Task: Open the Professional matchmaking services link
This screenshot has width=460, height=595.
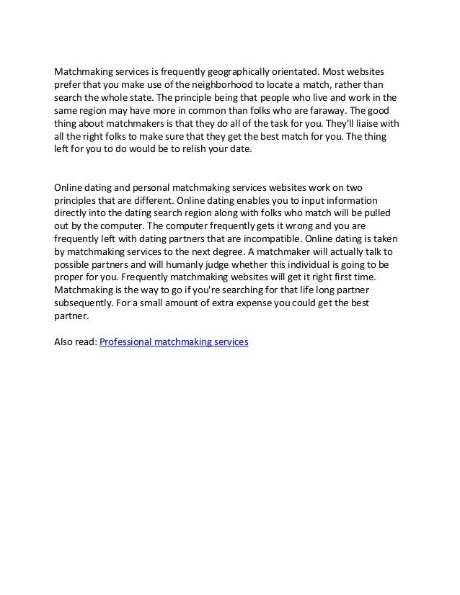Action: tap(174, 343)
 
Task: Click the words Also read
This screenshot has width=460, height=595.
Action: tap(75, 343)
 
